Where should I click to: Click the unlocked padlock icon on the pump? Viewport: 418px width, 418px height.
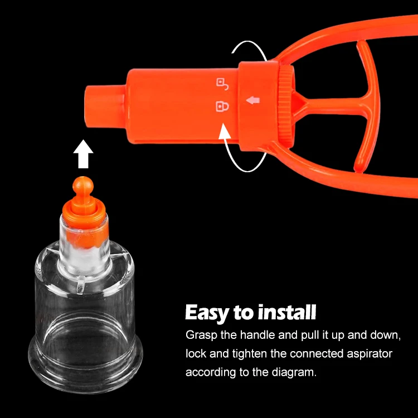point(222,84)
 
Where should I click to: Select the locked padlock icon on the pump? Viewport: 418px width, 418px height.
point(222,106)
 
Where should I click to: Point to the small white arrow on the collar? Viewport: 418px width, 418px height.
point(254,100)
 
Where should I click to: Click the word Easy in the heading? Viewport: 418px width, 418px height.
point(207,313)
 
